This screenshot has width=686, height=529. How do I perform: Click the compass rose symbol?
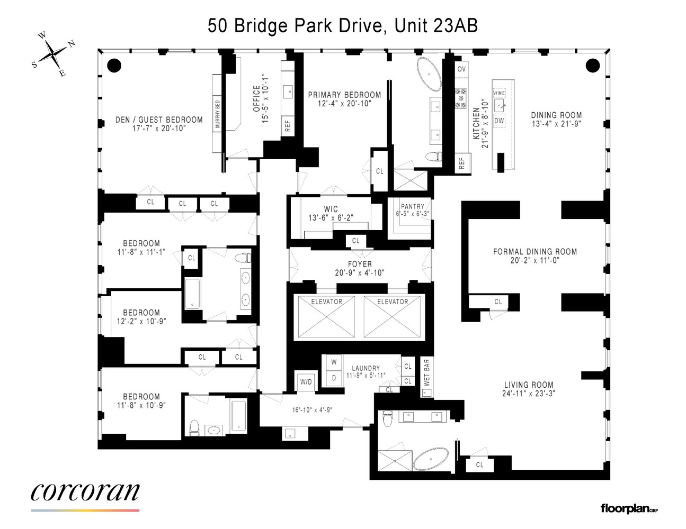click(53, 54)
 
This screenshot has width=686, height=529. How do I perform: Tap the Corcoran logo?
click(85, 492)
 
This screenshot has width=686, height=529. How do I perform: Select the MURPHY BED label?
click(218, 114)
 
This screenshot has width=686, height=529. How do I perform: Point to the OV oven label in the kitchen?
click(461, 69)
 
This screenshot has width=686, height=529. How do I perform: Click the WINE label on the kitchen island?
click(499, 93)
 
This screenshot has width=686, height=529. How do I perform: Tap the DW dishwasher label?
click(499, 121)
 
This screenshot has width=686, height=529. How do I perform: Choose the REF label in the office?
click(288, 126)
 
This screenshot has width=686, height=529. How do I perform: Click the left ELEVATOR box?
click(326, 317)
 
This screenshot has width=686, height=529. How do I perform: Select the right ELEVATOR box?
click(393, 317)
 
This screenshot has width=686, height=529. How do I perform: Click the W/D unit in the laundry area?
click(306, 381)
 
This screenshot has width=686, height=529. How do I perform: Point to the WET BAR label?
click(427, 372)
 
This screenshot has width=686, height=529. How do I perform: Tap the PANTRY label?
click(413, 206)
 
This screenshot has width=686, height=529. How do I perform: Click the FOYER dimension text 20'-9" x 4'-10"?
click(360, 272)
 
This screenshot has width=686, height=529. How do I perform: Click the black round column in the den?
click(114, 66)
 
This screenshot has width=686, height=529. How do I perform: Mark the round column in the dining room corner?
click(592, 66)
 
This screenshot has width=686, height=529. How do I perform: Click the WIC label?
click(331, 209)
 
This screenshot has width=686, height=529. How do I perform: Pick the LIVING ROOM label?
click(529, 385)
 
